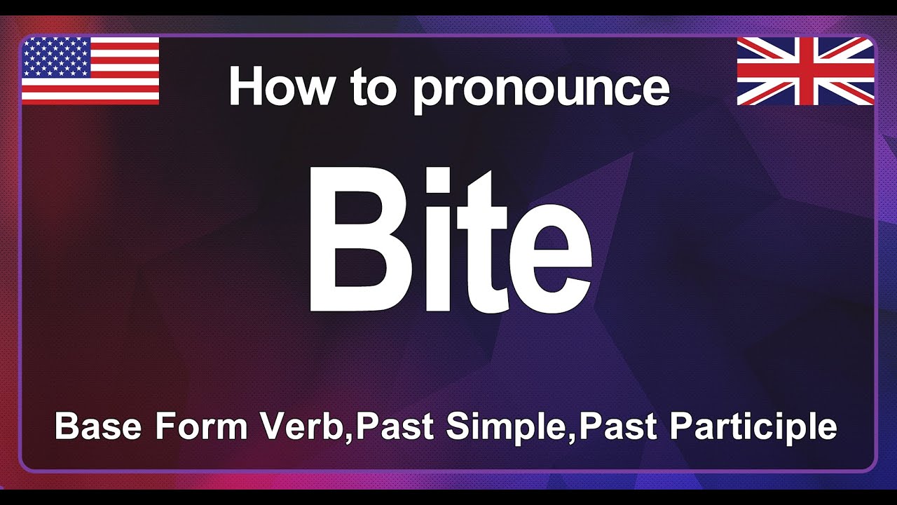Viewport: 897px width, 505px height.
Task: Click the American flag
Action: click(x=90, y=71)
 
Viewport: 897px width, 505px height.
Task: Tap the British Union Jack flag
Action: click(x=805, y=71)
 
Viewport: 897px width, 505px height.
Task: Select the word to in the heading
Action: click(x=365, y=88)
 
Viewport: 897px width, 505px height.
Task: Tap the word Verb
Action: click(x=303, y=426)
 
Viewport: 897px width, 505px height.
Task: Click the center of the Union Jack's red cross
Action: click(x=805, y=71)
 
